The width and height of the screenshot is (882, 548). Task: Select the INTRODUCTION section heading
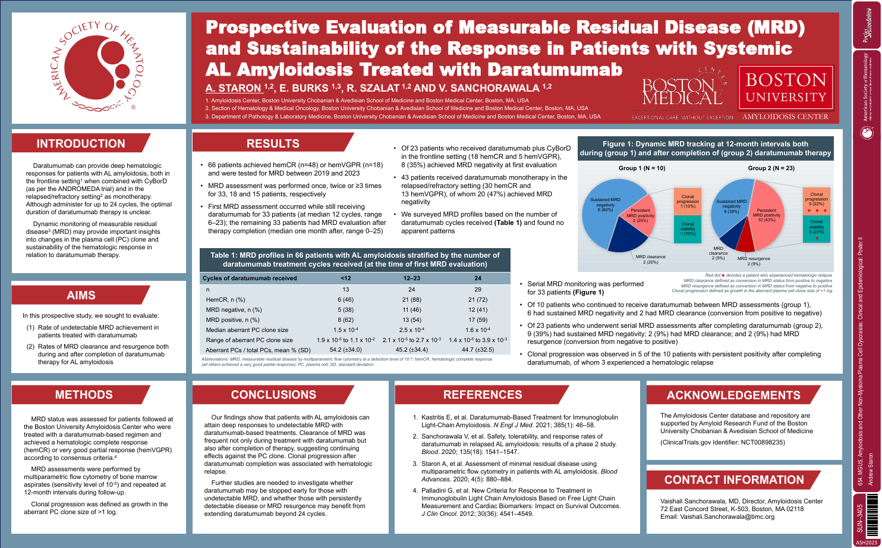click(81, 143)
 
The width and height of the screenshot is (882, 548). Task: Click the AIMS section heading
click(81, 295)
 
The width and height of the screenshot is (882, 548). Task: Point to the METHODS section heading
click(84, 394)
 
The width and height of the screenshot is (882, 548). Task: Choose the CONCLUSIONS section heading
click(273, 394)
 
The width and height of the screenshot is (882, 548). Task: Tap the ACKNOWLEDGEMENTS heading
click(733, 395)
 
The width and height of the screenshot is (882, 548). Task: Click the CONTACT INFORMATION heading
click(733, 480)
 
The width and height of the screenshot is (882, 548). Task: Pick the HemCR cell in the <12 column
click(345, 299)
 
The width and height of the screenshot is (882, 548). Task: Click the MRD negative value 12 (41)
click(478, 309)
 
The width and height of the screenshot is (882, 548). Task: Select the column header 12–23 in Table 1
click(412, 278)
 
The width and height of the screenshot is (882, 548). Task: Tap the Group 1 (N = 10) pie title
click(641, 168)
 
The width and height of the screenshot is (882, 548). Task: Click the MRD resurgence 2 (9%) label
click(754, 261)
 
